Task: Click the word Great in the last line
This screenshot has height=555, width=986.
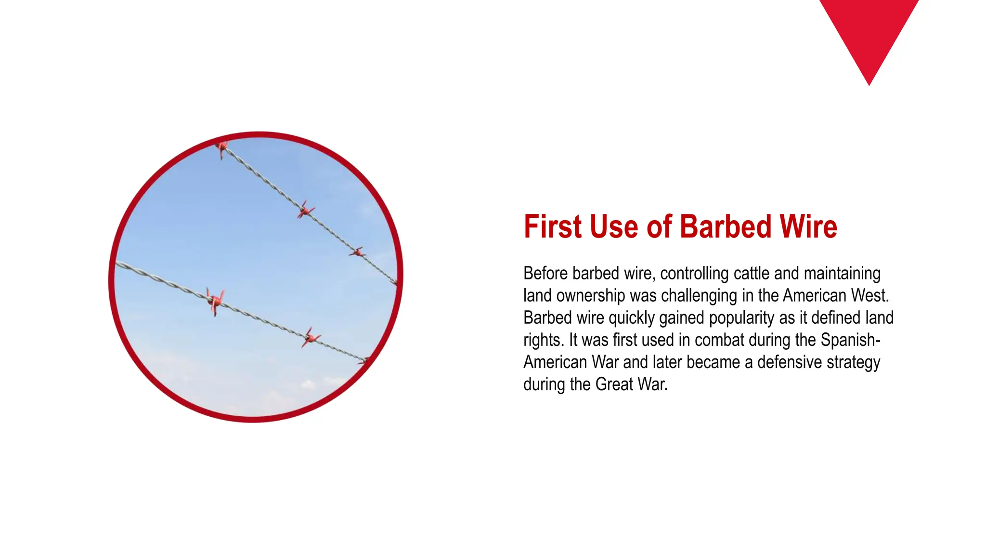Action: click(614, 384)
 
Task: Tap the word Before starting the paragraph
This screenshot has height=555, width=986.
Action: click(546, 273)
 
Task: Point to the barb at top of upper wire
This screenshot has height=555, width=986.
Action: click(221, 147)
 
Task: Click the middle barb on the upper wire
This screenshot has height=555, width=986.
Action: click(305, 210)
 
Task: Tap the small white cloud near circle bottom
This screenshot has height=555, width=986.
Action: click(308, 384)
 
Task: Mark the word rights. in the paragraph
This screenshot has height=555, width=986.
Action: click(543, 340)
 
